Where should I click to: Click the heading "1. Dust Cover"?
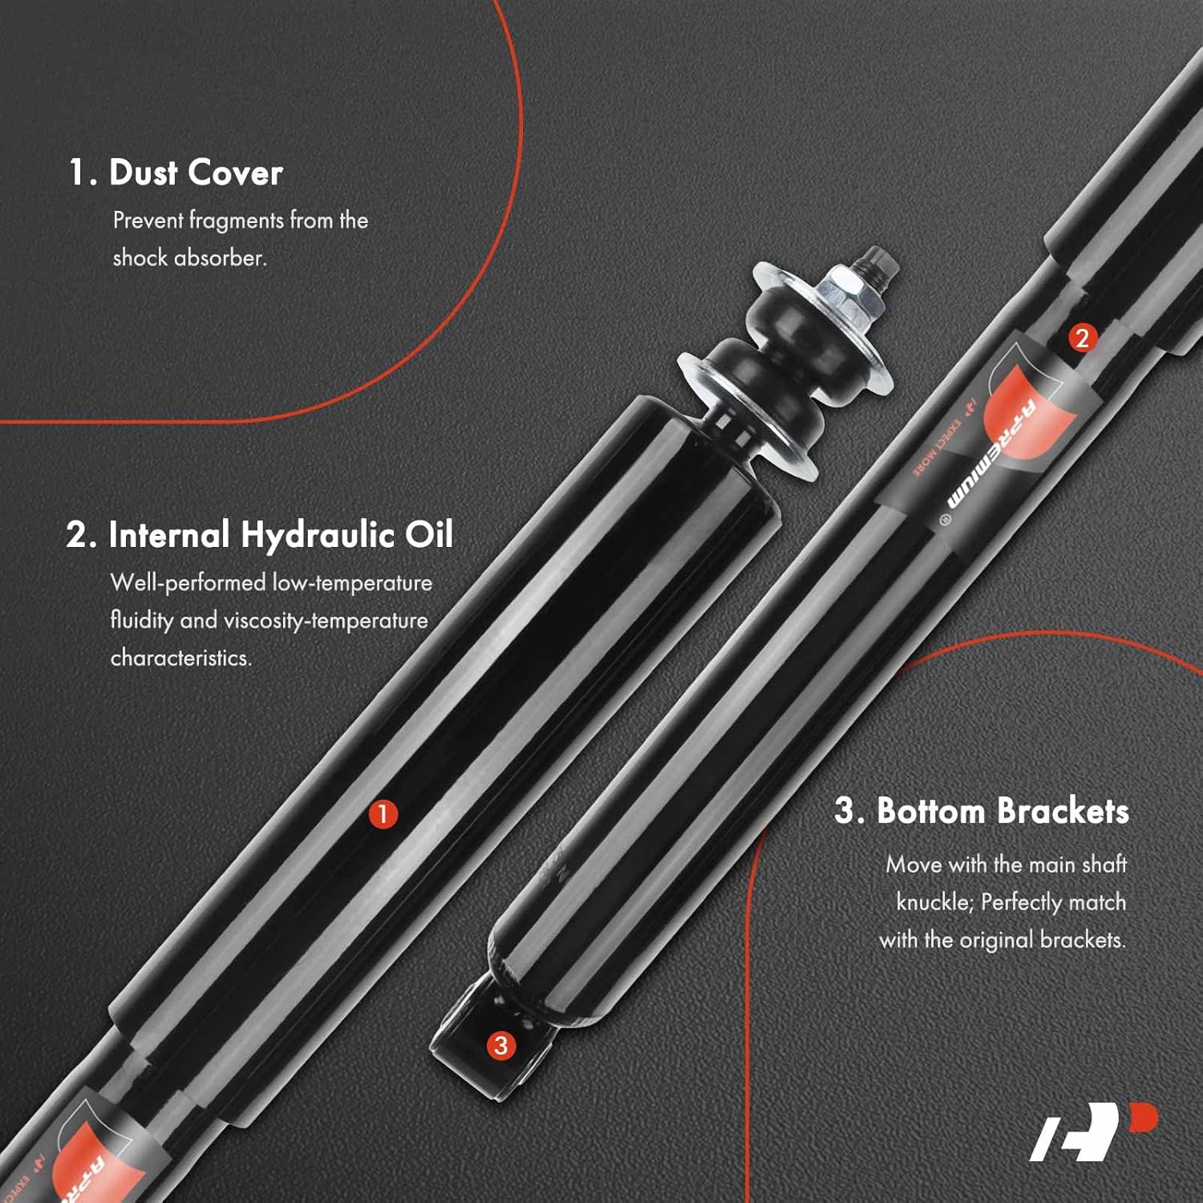point(176,173)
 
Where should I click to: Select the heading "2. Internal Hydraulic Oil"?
point(260,535)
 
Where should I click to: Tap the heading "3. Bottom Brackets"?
point(982,811)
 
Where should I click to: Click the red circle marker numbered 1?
point(383,814)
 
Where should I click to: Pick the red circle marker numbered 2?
point(1082,338)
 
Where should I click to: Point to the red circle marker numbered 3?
point(500,1045)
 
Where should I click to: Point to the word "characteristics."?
point(181,658)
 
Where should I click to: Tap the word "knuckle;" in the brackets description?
point(934,902)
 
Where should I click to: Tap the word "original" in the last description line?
point(995,939)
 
